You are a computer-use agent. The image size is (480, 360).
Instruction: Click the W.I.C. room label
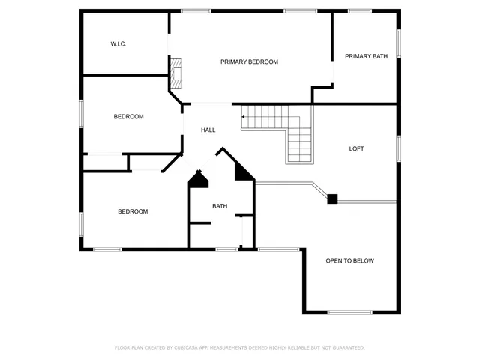pos(118,44)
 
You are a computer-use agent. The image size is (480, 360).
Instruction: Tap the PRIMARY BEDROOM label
pos(249,61)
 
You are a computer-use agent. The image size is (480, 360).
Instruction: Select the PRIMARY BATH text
pos(366,56)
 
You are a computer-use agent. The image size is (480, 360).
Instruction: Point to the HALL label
pos(208,130)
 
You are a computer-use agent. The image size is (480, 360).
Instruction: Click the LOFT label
pos(356,148)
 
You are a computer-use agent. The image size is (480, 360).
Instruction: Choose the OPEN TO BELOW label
pos(349,261)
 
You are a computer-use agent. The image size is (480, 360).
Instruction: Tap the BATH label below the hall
pos(220,206)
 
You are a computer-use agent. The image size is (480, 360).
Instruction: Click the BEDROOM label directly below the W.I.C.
pos(128,116)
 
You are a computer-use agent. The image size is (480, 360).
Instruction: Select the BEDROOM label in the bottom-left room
pos(133,211)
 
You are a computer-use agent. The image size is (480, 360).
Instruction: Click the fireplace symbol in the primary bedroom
pos(175,73)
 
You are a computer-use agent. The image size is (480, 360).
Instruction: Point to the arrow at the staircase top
pos(243,117)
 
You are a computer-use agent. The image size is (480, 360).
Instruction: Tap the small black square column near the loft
pos(332,199)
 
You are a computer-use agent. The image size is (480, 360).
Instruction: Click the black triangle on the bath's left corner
pos(198,179)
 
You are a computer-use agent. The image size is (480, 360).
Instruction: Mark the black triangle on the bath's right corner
pos(244,172)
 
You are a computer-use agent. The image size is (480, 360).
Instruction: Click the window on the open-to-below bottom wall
pos(349,312)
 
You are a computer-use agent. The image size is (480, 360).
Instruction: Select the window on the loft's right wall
pos(398,148)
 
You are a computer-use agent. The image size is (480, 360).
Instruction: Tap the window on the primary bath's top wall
pos(360,10)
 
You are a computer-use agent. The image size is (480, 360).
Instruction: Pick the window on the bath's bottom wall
pos(226,248)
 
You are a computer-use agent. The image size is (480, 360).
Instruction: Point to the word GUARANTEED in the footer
pos(346,348)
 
